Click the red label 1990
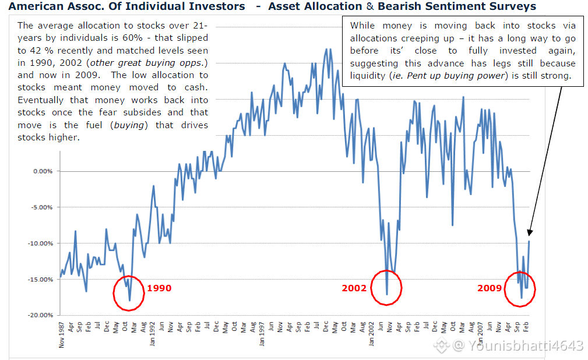pyautogui.click(x=159, y=288)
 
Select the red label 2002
pyautogui.click(x=354, y=288)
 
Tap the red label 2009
pyautogui.click(x=490, y=288)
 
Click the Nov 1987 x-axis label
pyautogui.click(x=61, y=333)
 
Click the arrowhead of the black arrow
pyautogui.click(x=529, y=231)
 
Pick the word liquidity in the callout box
pyautogui.click(x=368, y=76)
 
